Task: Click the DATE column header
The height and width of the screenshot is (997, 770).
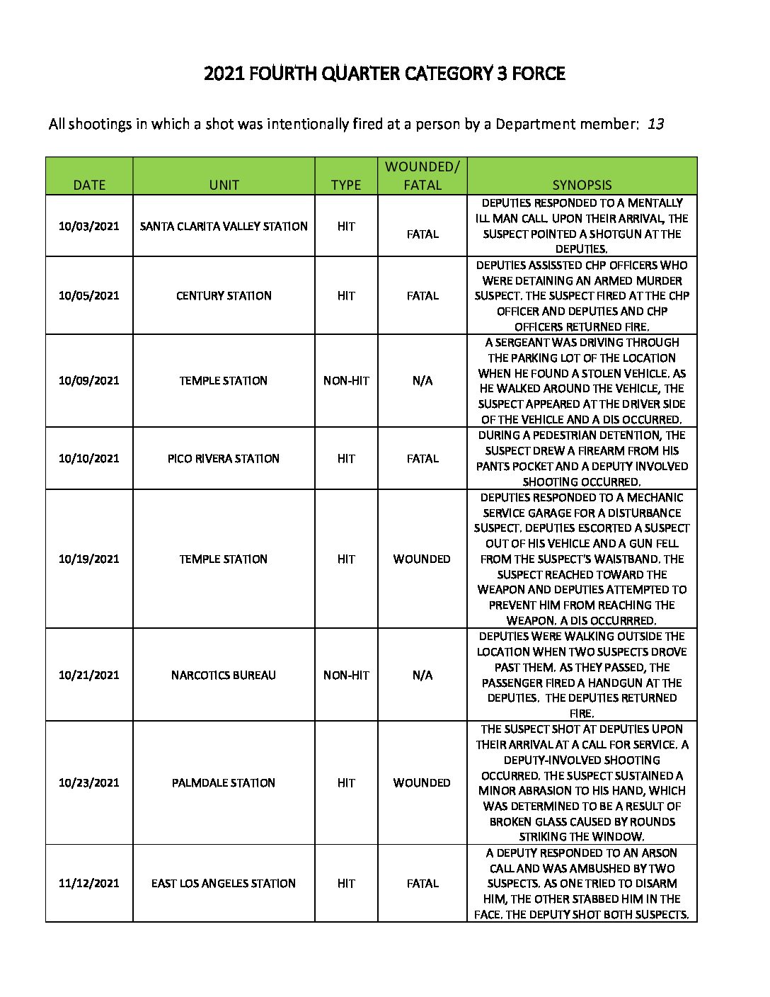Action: (x=89, y=185)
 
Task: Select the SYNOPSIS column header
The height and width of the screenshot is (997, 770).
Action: (x=582, y=185)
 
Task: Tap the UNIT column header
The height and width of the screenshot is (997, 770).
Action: (x=224, y=185)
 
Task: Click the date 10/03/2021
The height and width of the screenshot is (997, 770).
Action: (x=89, y=227)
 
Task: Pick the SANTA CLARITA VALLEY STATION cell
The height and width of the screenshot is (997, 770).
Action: (x=224, y=227)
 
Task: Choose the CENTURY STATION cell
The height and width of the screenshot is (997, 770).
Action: (x=224, y=296)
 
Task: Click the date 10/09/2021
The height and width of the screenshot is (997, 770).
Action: (x=89, y=381)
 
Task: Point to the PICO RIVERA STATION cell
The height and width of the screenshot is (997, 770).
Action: (x=224, y=459)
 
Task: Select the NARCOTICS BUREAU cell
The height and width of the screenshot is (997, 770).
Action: (x=224, y=676)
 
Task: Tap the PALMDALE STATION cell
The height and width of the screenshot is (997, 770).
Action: (x=224, y=783)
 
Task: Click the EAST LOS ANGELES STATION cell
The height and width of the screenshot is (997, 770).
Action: (x=224, y=884)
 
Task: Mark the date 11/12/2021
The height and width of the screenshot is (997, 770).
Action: (x=89, y=884)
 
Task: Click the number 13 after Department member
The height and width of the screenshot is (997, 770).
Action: (x=655, y=125)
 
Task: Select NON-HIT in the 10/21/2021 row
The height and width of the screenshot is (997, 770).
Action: (x=346, y=676)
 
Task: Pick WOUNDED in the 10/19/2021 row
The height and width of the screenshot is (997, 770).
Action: (x=422, y=559)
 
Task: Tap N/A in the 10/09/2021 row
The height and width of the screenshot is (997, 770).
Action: (x=422, y=381)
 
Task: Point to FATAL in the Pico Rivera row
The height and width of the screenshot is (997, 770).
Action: (x=422, y=459)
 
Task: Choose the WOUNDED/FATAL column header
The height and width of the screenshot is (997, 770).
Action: (x=422, y=176)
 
